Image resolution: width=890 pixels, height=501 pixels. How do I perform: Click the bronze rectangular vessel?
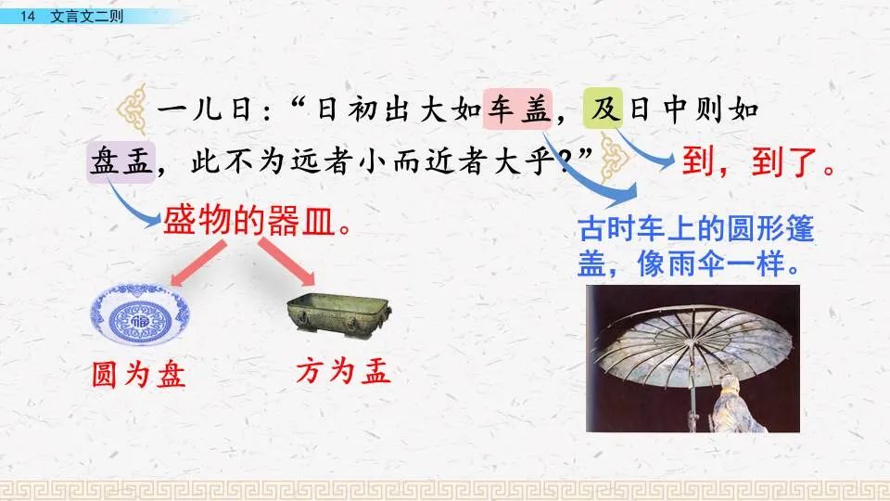(337, 314)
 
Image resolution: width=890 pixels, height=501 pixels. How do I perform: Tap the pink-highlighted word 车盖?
(517, 110)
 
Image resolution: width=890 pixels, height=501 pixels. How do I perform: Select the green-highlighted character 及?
(604, 110)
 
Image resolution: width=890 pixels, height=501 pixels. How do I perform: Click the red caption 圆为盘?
(138, 374)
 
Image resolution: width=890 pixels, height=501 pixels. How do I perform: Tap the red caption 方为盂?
(343, 372)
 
